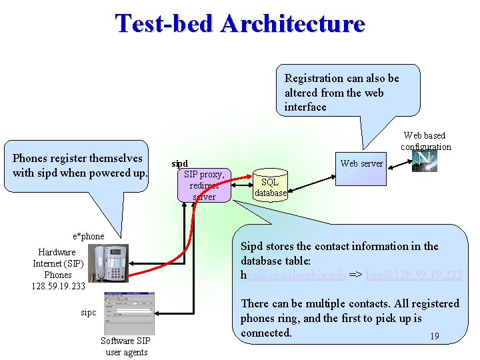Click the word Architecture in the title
pyautogui.click(x=293, y=23)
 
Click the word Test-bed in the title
pyautogui.click(x=164, y=23)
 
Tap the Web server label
pyautogui.click(x=361, y=163)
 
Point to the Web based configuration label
pyautogui.click(x=425, y=141)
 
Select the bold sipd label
pyautogui.click(x=180, y=163)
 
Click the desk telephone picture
pyautogui.click(x=111, y=264)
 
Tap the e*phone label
pyautogui.click(x=88, y=236)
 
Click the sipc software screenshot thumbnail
pyautogui.click(x=129, y=314)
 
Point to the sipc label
pyautogui.click(x=88, y=312)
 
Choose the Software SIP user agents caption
pyautogui.click(x=126, y=346)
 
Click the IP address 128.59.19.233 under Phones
pyautogui.click(x=58, y=287)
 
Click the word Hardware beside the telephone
pyautogui.click(x=57, y=252)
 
